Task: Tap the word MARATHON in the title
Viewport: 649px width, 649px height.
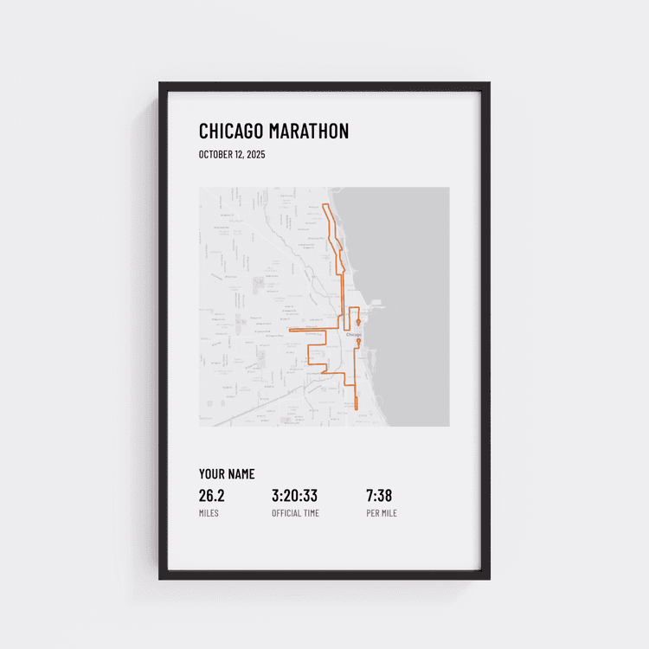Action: tap(309, 132)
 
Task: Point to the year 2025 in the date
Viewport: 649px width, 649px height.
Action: tap(255, 155)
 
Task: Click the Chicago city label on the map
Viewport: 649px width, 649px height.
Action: tap(353, 334)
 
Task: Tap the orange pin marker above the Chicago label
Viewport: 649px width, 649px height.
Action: tap(358, 323)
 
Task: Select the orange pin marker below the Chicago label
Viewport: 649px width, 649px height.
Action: tap(358, 342)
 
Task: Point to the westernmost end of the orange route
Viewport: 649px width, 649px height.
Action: tap(289, 330)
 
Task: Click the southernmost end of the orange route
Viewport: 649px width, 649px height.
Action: tap(356, 408)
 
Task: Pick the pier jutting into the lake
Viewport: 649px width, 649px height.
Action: tap(377, 304)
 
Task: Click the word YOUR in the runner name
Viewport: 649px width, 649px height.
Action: tap(211, 474)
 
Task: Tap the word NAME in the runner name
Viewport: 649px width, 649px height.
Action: tap(241, 474)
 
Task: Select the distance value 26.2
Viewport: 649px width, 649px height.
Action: tap(212, 496)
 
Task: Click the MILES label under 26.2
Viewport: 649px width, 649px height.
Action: tap(209, 513)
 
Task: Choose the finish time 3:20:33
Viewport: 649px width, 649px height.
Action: tap(294, 496)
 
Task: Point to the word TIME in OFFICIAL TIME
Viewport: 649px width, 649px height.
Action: tap(312, 513)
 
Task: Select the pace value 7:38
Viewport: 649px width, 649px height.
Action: tap(379, 496)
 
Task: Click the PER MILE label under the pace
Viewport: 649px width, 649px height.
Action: tap(382, 513)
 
